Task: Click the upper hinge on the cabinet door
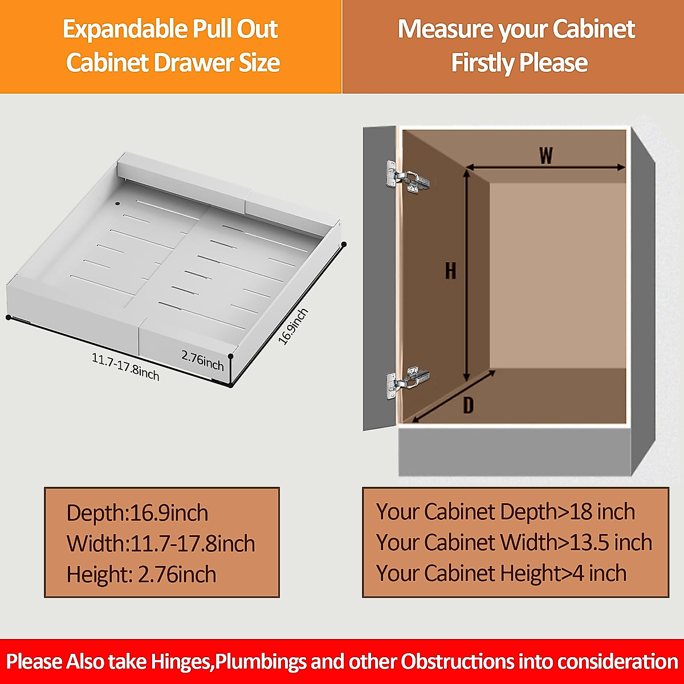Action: pos(406,177)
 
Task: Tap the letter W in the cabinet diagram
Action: pos(546,155)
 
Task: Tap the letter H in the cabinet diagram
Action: pos(450,270)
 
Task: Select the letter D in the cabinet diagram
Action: pos(468,405)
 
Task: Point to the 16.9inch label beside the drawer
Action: pos(293,326)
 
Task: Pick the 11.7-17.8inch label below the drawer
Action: pos(125,367)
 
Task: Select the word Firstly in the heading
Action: pos(483,63)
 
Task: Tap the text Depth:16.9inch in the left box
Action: pos(137,513)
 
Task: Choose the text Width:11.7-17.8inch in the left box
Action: pos(161,544)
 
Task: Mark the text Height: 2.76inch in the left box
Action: pos(141,575)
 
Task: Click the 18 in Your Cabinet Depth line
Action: pos(581,512)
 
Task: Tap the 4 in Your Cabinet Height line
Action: pos(578,573)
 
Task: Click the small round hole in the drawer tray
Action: pos(118,203)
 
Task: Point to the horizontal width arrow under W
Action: pos(546,168)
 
